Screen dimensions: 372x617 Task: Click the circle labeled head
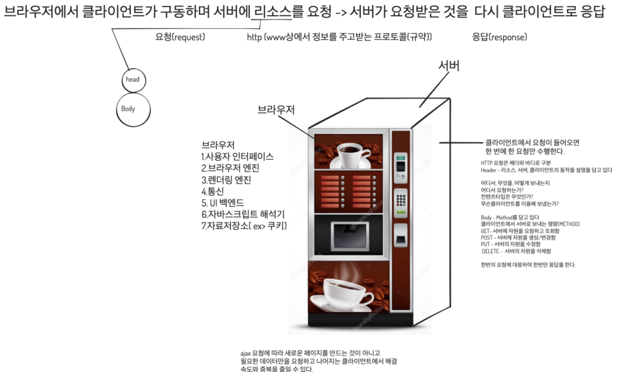tap(134, 80)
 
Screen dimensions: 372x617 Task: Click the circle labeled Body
tap(133, 109)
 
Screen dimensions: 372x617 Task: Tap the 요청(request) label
tap(180, 37)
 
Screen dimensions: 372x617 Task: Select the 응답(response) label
tap(500, 37)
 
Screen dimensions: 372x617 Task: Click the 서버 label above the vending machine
tap(449, 66)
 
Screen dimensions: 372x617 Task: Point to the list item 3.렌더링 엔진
tap(226, 180)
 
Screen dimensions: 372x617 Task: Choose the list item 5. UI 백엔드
tap(223, 203)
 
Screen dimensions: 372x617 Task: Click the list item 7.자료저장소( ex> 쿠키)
tap(244, 226)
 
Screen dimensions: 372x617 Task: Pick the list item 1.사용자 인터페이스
tap(237, 157)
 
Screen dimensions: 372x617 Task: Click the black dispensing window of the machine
tap(350, 236)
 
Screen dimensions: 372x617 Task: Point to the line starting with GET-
tap(520, 231)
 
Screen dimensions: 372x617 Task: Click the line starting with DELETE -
tap(516, 251)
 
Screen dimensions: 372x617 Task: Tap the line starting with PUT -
tap(510, 244)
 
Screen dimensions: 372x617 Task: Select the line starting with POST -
tap(518, 237)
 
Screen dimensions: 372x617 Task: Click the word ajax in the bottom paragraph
tap(245, 353)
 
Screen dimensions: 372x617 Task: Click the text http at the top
tap(254, 37)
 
